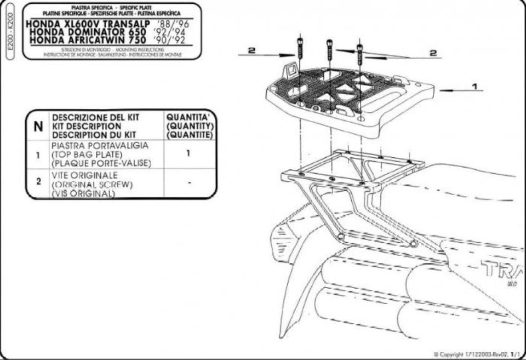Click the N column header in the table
pyautogui.click(x=38, y=125)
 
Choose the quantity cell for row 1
pyautogui.click(x=188, y=154)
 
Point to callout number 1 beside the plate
pyautogui.click(x=474, y=86)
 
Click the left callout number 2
pyautogui.click(x=251, y=50)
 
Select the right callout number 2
pyautogui.click(x=433, y=53)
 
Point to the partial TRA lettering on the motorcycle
pyautogui.click(x=499, y=268)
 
